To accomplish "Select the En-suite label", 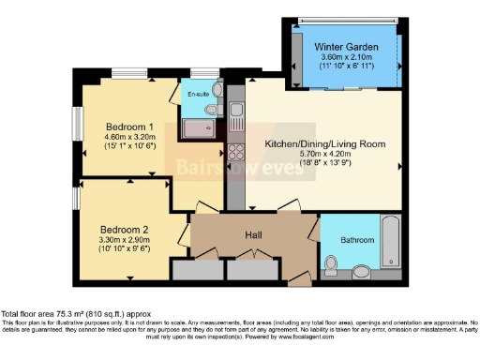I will pos(198,94).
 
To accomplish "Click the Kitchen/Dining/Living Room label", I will pos(324,144).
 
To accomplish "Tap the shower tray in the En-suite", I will pos(198,130).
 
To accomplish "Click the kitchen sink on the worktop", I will pos(236,118).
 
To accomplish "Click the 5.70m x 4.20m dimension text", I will pos(324,157).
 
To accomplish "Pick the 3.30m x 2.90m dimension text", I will pos(125,242).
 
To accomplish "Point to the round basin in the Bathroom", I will pos(363,273).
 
